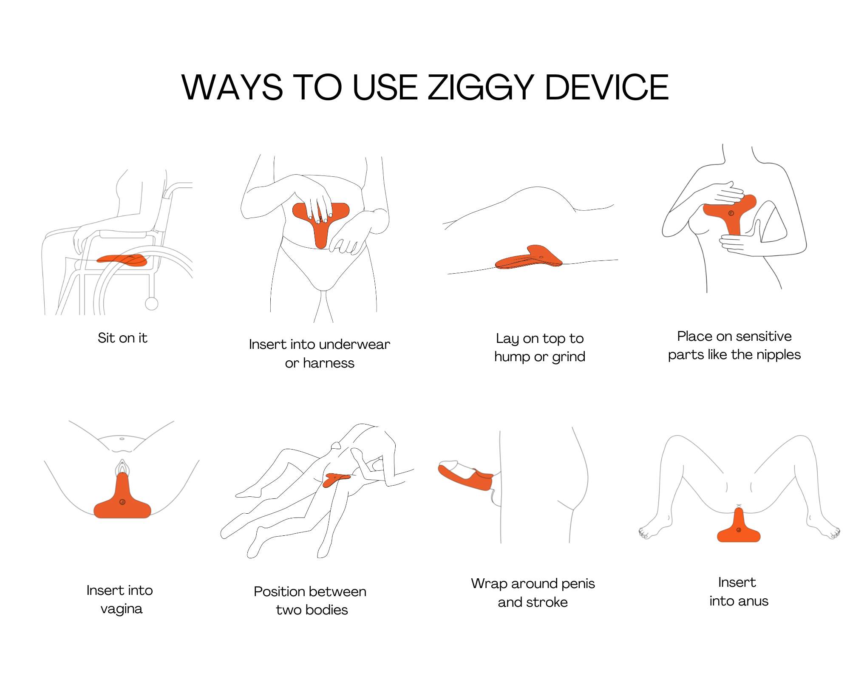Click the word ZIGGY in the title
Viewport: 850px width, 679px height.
coord(481,88)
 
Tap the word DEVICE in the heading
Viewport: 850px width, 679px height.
coord(607,87)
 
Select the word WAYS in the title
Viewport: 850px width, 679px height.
coord(232,87)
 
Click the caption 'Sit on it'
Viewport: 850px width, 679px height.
coord(122,338)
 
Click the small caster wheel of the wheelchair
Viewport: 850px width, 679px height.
coord(152,303)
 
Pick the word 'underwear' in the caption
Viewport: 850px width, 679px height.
coord(354,344)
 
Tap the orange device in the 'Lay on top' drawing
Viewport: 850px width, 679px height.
coord(529,257)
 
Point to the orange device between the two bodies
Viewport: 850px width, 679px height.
coord(336,480)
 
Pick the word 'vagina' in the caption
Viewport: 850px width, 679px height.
coord(122,609)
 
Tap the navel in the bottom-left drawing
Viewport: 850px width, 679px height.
coord(122,439)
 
